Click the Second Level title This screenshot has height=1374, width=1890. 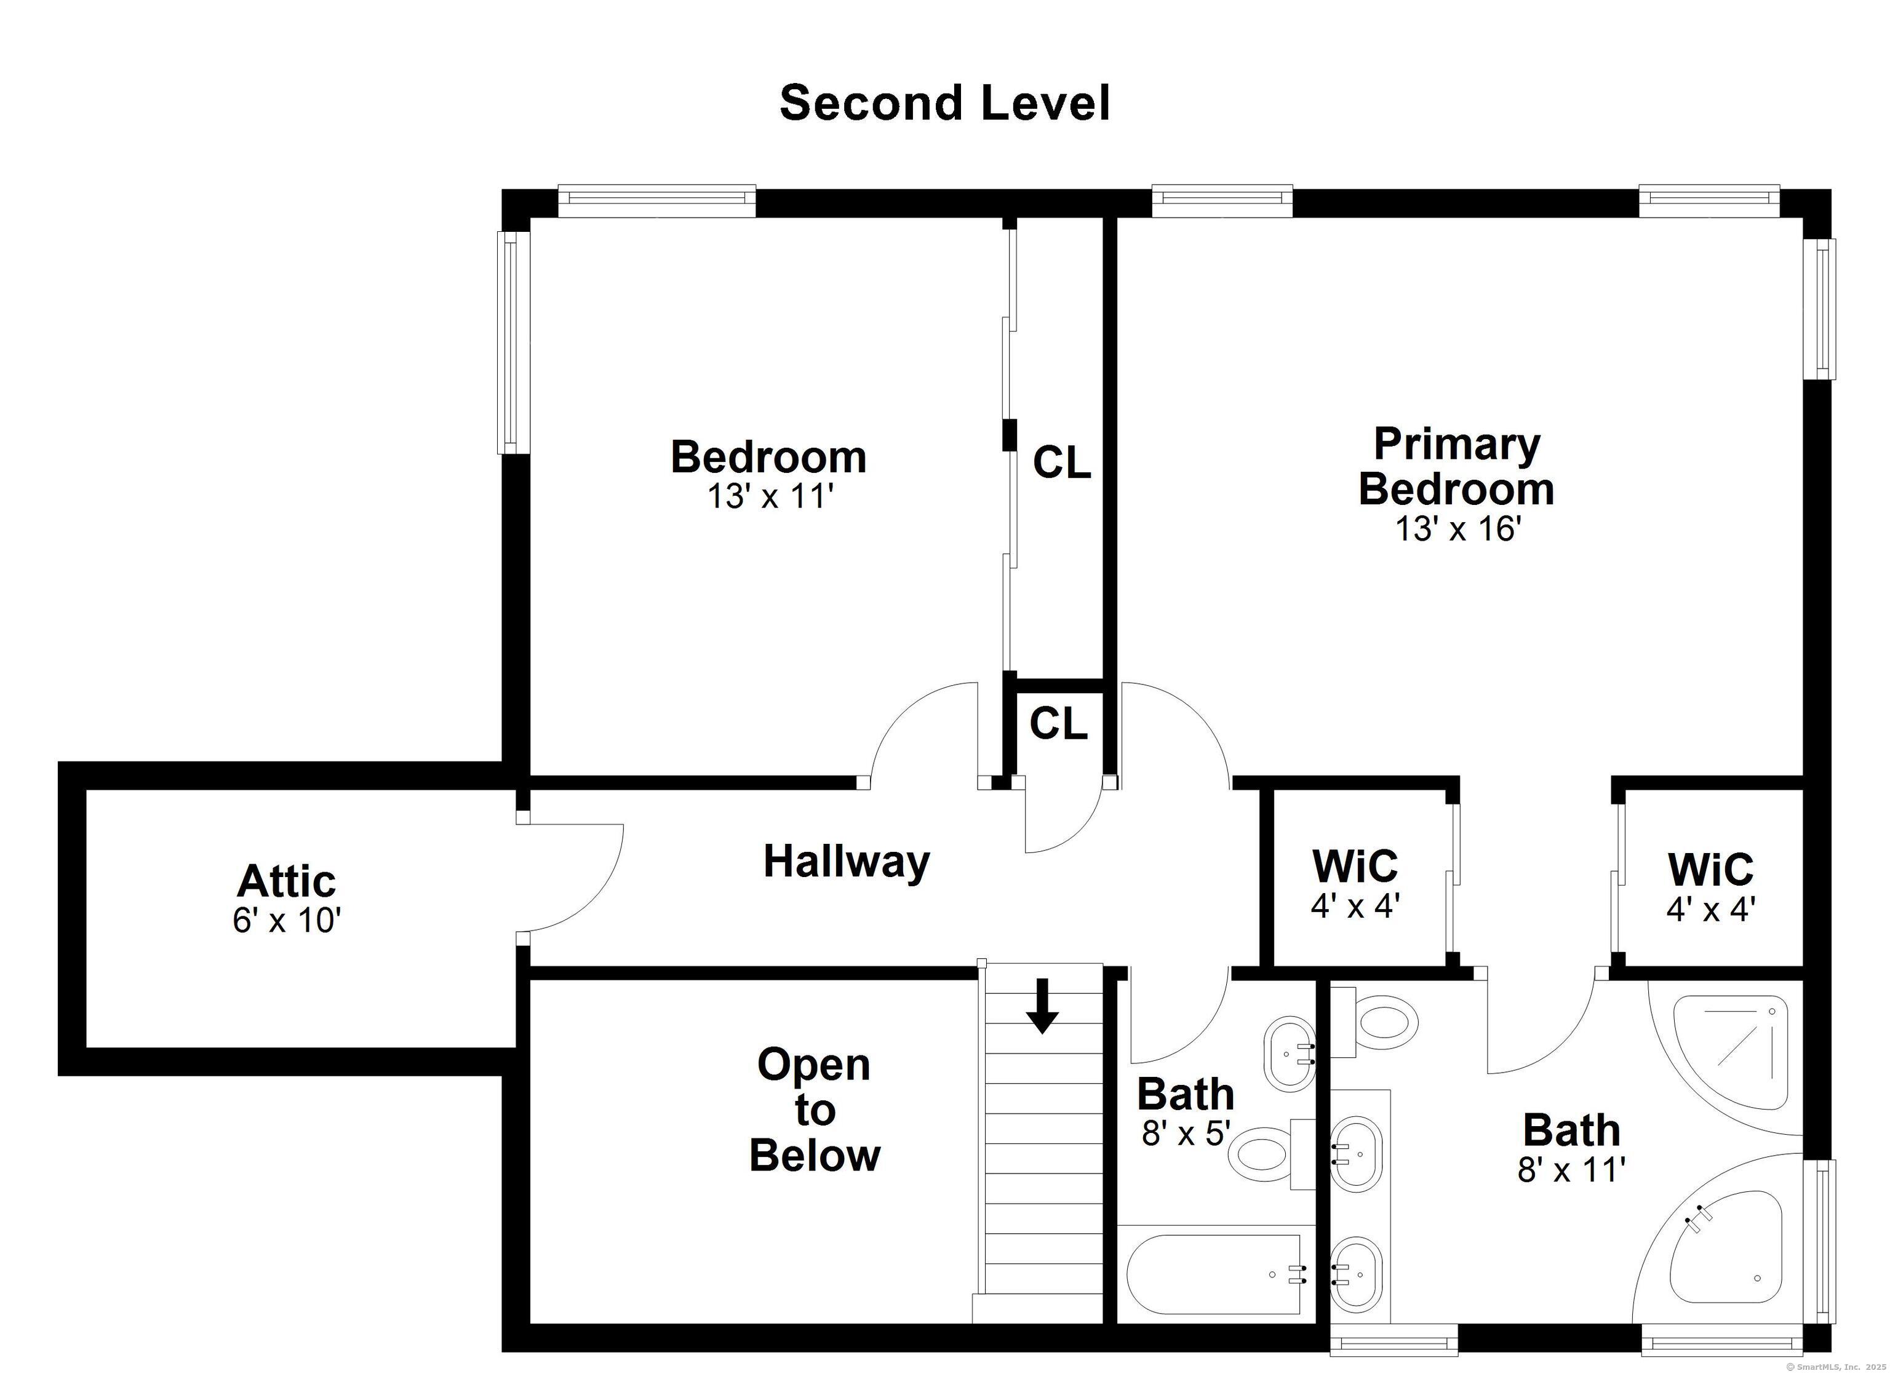(944, 103)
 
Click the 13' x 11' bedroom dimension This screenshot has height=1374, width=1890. (770, 496)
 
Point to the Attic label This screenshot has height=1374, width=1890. (286, 881)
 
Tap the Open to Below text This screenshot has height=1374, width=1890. (813, 1110)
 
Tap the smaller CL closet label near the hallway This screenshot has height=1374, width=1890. (1058, 723)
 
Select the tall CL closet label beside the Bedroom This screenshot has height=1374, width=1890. (1062, 463)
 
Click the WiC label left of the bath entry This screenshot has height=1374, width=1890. (1354, 867)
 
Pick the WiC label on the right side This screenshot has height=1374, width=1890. (1710, 870)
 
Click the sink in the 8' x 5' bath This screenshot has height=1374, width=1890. (1289, 1054)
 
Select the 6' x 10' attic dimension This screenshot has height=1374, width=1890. (287, 921)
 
